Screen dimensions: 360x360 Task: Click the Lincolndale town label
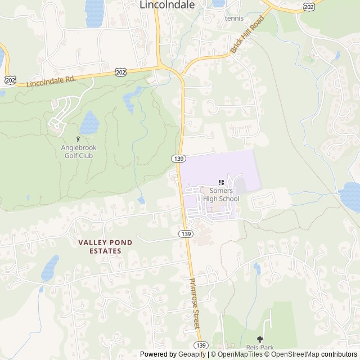tap(167, 5)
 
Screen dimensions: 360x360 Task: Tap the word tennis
tap(234, 18)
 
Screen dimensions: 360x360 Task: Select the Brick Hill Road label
tap(247, 35)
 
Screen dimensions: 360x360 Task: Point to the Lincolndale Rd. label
tap(51, 82)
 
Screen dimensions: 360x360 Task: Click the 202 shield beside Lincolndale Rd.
tap(120, 73)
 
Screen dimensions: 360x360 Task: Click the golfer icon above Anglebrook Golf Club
tap(78, 139)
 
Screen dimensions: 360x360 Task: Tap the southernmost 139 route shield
tap(201, 345)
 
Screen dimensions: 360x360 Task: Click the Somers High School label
tap(220, 195)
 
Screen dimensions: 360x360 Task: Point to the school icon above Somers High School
tap(221, 182)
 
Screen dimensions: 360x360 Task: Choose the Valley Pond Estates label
tap(105, 246)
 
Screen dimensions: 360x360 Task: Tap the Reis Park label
tap(259, 348)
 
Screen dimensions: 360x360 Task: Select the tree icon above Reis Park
tap(259, 339)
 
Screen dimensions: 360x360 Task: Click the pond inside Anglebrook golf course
tap(89, 122)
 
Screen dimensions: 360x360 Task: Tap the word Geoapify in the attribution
tap(192, 354)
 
